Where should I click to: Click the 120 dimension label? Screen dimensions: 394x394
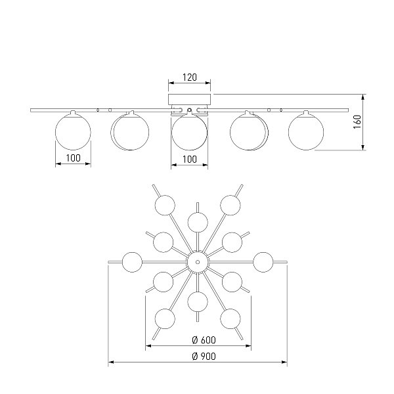pos(190,77)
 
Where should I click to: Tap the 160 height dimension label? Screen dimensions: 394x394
pos(357,122)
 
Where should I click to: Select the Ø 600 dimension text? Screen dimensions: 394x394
pos(204,340)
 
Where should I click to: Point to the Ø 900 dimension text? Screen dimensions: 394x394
pos(204,357)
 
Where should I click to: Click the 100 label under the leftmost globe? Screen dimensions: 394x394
pos(73,158)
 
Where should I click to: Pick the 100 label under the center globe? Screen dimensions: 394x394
pos(190,160)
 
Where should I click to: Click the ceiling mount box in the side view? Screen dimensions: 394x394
pos(190,99)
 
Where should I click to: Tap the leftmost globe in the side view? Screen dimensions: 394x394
pos(73,131)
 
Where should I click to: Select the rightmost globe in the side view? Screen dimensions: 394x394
pos(306,131)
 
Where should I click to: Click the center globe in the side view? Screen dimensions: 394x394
pos(190,131)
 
